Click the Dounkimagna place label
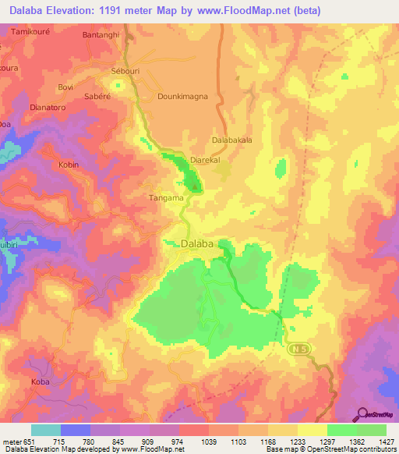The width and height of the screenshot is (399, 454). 184,98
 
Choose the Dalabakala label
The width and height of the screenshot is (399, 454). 232,140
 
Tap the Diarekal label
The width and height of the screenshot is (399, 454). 207,160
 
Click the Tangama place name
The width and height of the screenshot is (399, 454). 165,198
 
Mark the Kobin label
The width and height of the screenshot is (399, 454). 69,165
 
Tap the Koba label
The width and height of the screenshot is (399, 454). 40,382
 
